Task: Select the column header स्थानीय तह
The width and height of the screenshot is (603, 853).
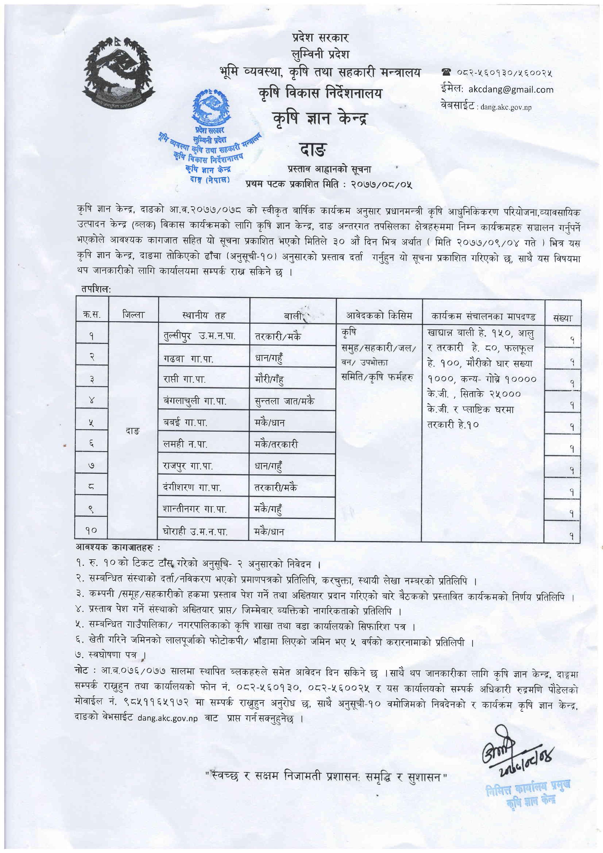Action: pos(204,316)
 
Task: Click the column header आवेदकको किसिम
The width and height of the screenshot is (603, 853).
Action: pos(379,316)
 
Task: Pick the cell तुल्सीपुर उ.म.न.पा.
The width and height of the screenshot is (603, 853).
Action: pos(200,337)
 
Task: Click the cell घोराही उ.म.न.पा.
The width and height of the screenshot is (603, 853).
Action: pos(195,532)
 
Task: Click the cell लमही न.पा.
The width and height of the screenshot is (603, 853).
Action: pos(185,444)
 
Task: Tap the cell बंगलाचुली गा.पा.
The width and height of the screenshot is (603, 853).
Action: pos(195,401)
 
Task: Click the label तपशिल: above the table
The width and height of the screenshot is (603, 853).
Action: pos(96,289)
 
